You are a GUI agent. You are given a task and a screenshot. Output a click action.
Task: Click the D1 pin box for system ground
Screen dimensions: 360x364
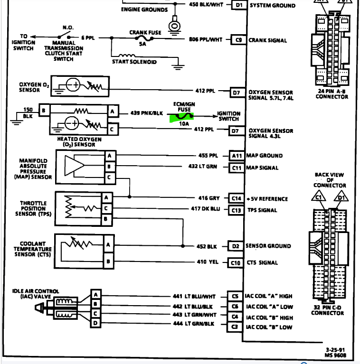click(239, 5)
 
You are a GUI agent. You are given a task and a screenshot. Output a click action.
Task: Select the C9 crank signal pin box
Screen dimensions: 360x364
click(238, 40)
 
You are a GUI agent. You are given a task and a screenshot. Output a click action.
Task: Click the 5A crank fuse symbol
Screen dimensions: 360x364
click(144, 38)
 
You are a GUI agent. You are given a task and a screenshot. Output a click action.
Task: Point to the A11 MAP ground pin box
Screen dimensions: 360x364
click(237, 156)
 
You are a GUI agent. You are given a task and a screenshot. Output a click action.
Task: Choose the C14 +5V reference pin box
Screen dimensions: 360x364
click(236, 198)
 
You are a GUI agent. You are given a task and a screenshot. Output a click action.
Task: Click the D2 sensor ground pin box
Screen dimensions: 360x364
click(235, 246)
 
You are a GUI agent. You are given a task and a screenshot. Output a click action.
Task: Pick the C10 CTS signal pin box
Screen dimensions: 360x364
click(235, 263)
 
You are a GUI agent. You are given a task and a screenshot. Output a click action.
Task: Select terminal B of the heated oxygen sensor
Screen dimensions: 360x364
click(44, 110)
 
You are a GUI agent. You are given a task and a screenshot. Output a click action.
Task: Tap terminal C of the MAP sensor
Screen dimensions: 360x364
click(109, 178)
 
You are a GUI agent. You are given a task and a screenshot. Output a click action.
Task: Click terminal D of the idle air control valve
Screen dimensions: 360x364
click(95, 323)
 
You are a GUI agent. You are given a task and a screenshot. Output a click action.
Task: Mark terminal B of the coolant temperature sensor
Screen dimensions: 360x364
click(108, 261)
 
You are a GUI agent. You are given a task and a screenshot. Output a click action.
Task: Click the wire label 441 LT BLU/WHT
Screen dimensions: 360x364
click(194, 297)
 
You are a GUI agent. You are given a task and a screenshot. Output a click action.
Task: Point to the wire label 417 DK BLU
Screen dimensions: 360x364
click(205, 209)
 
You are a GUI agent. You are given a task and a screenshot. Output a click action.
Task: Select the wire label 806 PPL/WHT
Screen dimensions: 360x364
click(206, 39)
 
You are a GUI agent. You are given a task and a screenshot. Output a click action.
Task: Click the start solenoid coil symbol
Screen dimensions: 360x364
click(127, 56)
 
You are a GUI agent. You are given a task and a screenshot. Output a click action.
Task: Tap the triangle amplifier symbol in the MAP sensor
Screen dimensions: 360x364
click(74, 166)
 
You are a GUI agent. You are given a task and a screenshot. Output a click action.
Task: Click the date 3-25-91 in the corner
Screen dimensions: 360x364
click(335, 350)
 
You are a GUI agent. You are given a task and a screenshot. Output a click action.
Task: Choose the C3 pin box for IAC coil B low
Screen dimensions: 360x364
click(234, 327)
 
